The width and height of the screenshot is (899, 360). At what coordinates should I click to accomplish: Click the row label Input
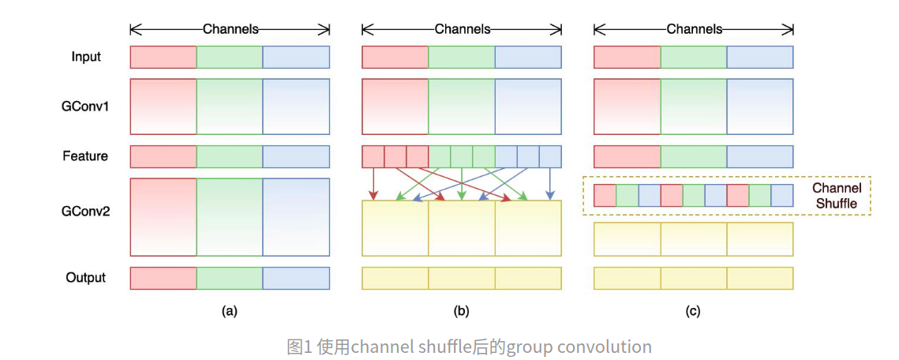86,57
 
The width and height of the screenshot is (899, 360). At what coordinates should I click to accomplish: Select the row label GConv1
86,106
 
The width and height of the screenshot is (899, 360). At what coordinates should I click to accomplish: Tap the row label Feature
85,156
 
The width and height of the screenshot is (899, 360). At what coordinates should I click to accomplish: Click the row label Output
86,278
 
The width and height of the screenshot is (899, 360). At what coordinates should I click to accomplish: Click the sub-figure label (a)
229,311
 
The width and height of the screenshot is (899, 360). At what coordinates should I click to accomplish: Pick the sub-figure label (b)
461,311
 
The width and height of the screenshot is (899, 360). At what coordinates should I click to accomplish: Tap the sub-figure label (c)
693,311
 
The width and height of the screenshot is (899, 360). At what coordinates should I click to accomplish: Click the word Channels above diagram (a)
230,29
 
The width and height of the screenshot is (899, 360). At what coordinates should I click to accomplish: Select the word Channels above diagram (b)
463,29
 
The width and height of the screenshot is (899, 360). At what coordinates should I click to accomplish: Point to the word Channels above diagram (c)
695,29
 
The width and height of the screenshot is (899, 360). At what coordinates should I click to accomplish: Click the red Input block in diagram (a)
163,57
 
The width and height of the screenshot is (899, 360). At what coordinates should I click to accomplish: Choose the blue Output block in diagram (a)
296,278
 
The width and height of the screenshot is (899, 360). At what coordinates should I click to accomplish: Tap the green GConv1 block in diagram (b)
462,106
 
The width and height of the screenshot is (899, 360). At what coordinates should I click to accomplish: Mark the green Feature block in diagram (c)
694,156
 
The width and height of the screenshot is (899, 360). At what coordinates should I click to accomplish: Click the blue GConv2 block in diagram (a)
296,216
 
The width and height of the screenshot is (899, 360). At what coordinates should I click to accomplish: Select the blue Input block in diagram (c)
760,57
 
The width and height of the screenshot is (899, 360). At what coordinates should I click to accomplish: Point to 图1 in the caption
300,347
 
